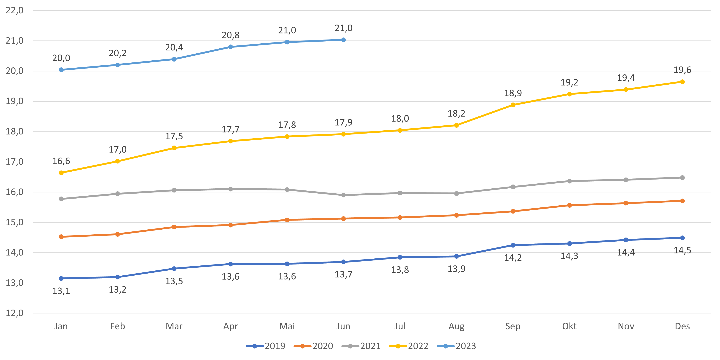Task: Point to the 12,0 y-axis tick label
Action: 15,313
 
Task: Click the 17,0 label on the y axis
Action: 15,162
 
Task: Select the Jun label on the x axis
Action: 343,326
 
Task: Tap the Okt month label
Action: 569,326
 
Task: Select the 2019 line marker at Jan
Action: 61,278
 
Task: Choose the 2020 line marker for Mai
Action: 287,220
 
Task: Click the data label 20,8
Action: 231,35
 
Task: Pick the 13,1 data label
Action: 61,291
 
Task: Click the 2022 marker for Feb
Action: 118,161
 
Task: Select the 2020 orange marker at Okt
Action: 569,205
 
